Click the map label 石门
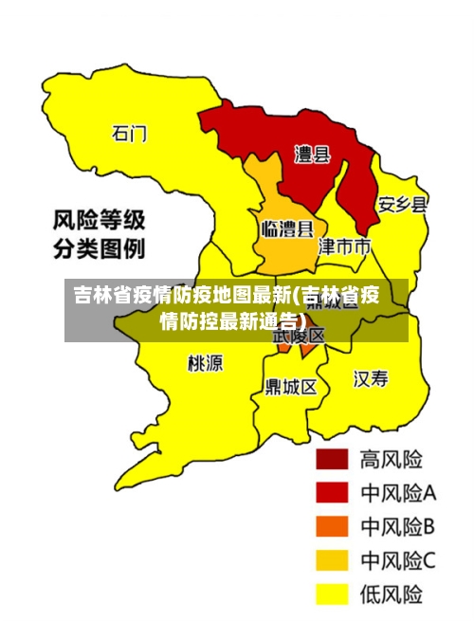(130, 133)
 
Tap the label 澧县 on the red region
(312, 155)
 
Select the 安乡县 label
(403, 205)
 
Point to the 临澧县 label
(287, 228)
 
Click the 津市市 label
(344, 247)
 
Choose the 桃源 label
(206, 363)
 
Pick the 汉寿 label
(371, 379)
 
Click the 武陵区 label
(299, 335)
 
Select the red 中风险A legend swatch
(333, 492)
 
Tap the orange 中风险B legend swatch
(333, 526)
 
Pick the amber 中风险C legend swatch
(333, 560)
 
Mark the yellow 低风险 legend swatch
(333, 594)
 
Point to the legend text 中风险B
(397, 526)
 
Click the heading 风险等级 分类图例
(99, 235)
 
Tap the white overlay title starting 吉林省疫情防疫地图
(228, 306)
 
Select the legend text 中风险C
(397, 560)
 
